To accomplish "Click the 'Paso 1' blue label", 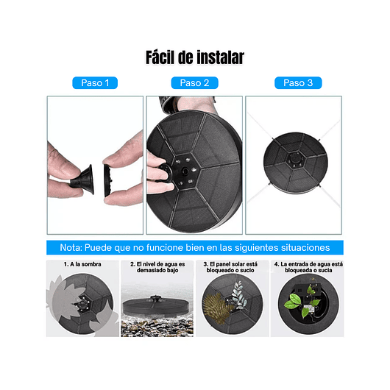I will [96, 83].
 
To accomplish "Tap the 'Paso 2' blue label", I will [194, 83].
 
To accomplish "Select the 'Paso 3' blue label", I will [298, 83].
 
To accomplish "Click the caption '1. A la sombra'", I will [83, 264].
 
